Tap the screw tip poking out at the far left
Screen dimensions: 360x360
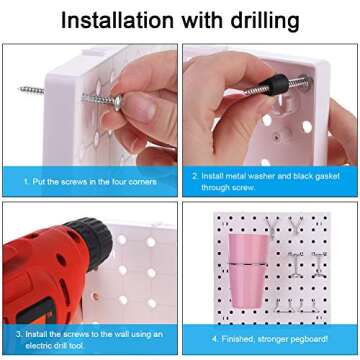(30, 90)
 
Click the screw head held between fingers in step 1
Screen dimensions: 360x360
(117, 100)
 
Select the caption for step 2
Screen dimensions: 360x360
(267, 180)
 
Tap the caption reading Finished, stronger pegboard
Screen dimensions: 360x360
(267, 339)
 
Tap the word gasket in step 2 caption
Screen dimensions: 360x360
(326, 175)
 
